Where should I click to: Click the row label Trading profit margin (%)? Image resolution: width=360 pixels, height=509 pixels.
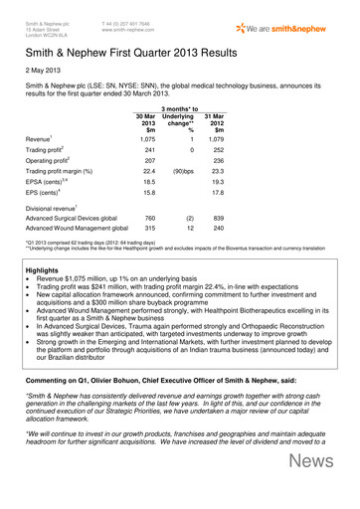tap(65, 198)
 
